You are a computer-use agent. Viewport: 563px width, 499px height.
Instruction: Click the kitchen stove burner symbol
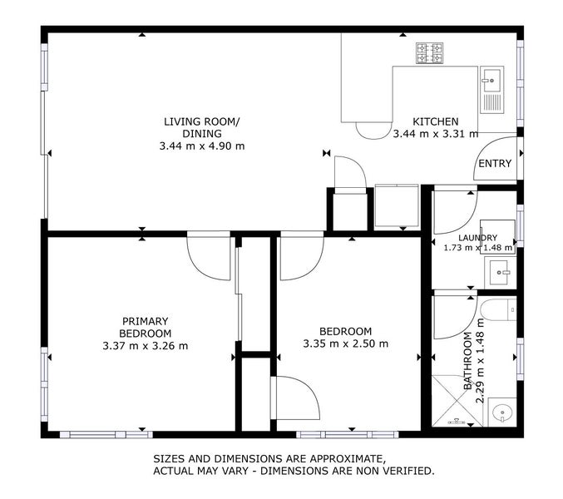coord(429,52)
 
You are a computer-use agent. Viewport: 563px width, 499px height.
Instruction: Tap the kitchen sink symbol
coord(492,89)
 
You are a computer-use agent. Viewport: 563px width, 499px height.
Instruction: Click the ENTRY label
coord(495,163)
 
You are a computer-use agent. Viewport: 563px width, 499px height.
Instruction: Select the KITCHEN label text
coord(436,121)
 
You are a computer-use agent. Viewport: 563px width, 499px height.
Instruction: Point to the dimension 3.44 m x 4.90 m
coord(202,146)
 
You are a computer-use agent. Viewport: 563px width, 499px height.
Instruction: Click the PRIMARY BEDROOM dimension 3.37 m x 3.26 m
coord(146,346)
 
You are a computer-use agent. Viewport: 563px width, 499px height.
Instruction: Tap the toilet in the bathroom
coord(497,309)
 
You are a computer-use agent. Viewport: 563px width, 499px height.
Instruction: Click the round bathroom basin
coord(502,413)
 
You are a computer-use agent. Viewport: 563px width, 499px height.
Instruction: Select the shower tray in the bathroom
coord(456,401)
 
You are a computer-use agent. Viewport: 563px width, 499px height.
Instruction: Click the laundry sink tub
coord(500,273)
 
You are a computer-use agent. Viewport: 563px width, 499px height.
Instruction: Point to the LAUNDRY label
coord(477,238)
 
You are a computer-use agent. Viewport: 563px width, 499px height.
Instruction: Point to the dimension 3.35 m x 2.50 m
coord(346,343)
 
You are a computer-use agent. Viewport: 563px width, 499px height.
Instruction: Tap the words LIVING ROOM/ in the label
coord(202,121)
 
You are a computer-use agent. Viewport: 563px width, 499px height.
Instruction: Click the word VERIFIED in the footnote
coord(407,471)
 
